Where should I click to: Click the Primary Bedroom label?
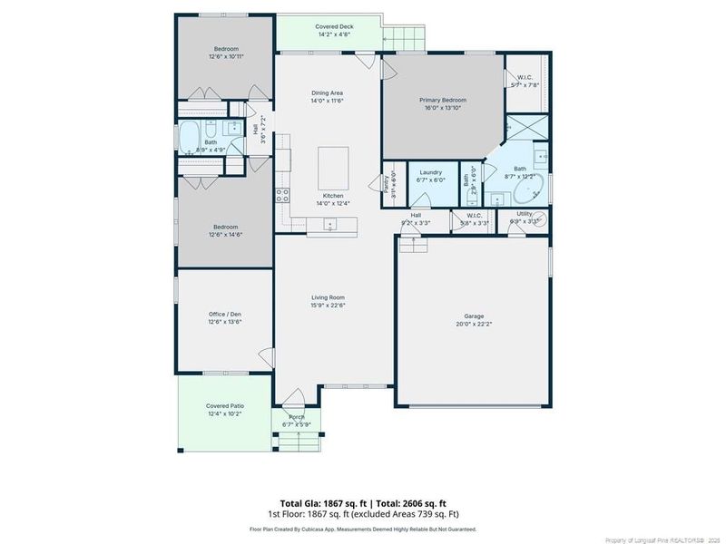(442, 100)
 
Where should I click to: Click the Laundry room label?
(430, 171)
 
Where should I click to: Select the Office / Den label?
(224, 314)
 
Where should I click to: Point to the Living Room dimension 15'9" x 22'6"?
(329, 306)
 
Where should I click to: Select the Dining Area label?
(327, 92)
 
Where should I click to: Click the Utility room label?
(525, 214)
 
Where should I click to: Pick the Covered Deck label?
(334, 27)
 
